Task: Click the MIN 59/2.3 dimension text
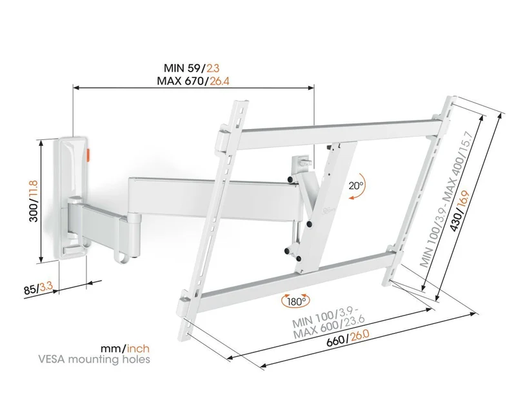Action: tap(192, 68)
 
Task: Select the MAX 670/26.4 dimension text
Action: tap(193, 81)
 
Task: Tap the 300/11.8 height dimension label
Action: tap(34, 201)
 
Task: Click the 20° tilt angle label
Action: tap(356, 185)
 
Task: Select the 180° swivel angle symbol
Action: tap(296, 301)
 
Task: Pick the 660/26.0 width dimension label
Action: tap(348, 338)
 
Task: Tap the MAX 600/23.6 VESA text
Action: tap(328, 327)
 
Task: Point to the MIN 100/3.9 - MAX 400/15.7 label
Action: tap(446, 199)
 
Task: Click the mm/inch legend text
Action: tap(125, 348)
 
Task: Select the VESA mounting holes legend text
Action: tap(94, 359)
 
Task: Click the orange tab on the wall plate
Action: tap(89, 155)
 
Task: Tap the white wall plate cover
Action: tap(73, 197)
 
